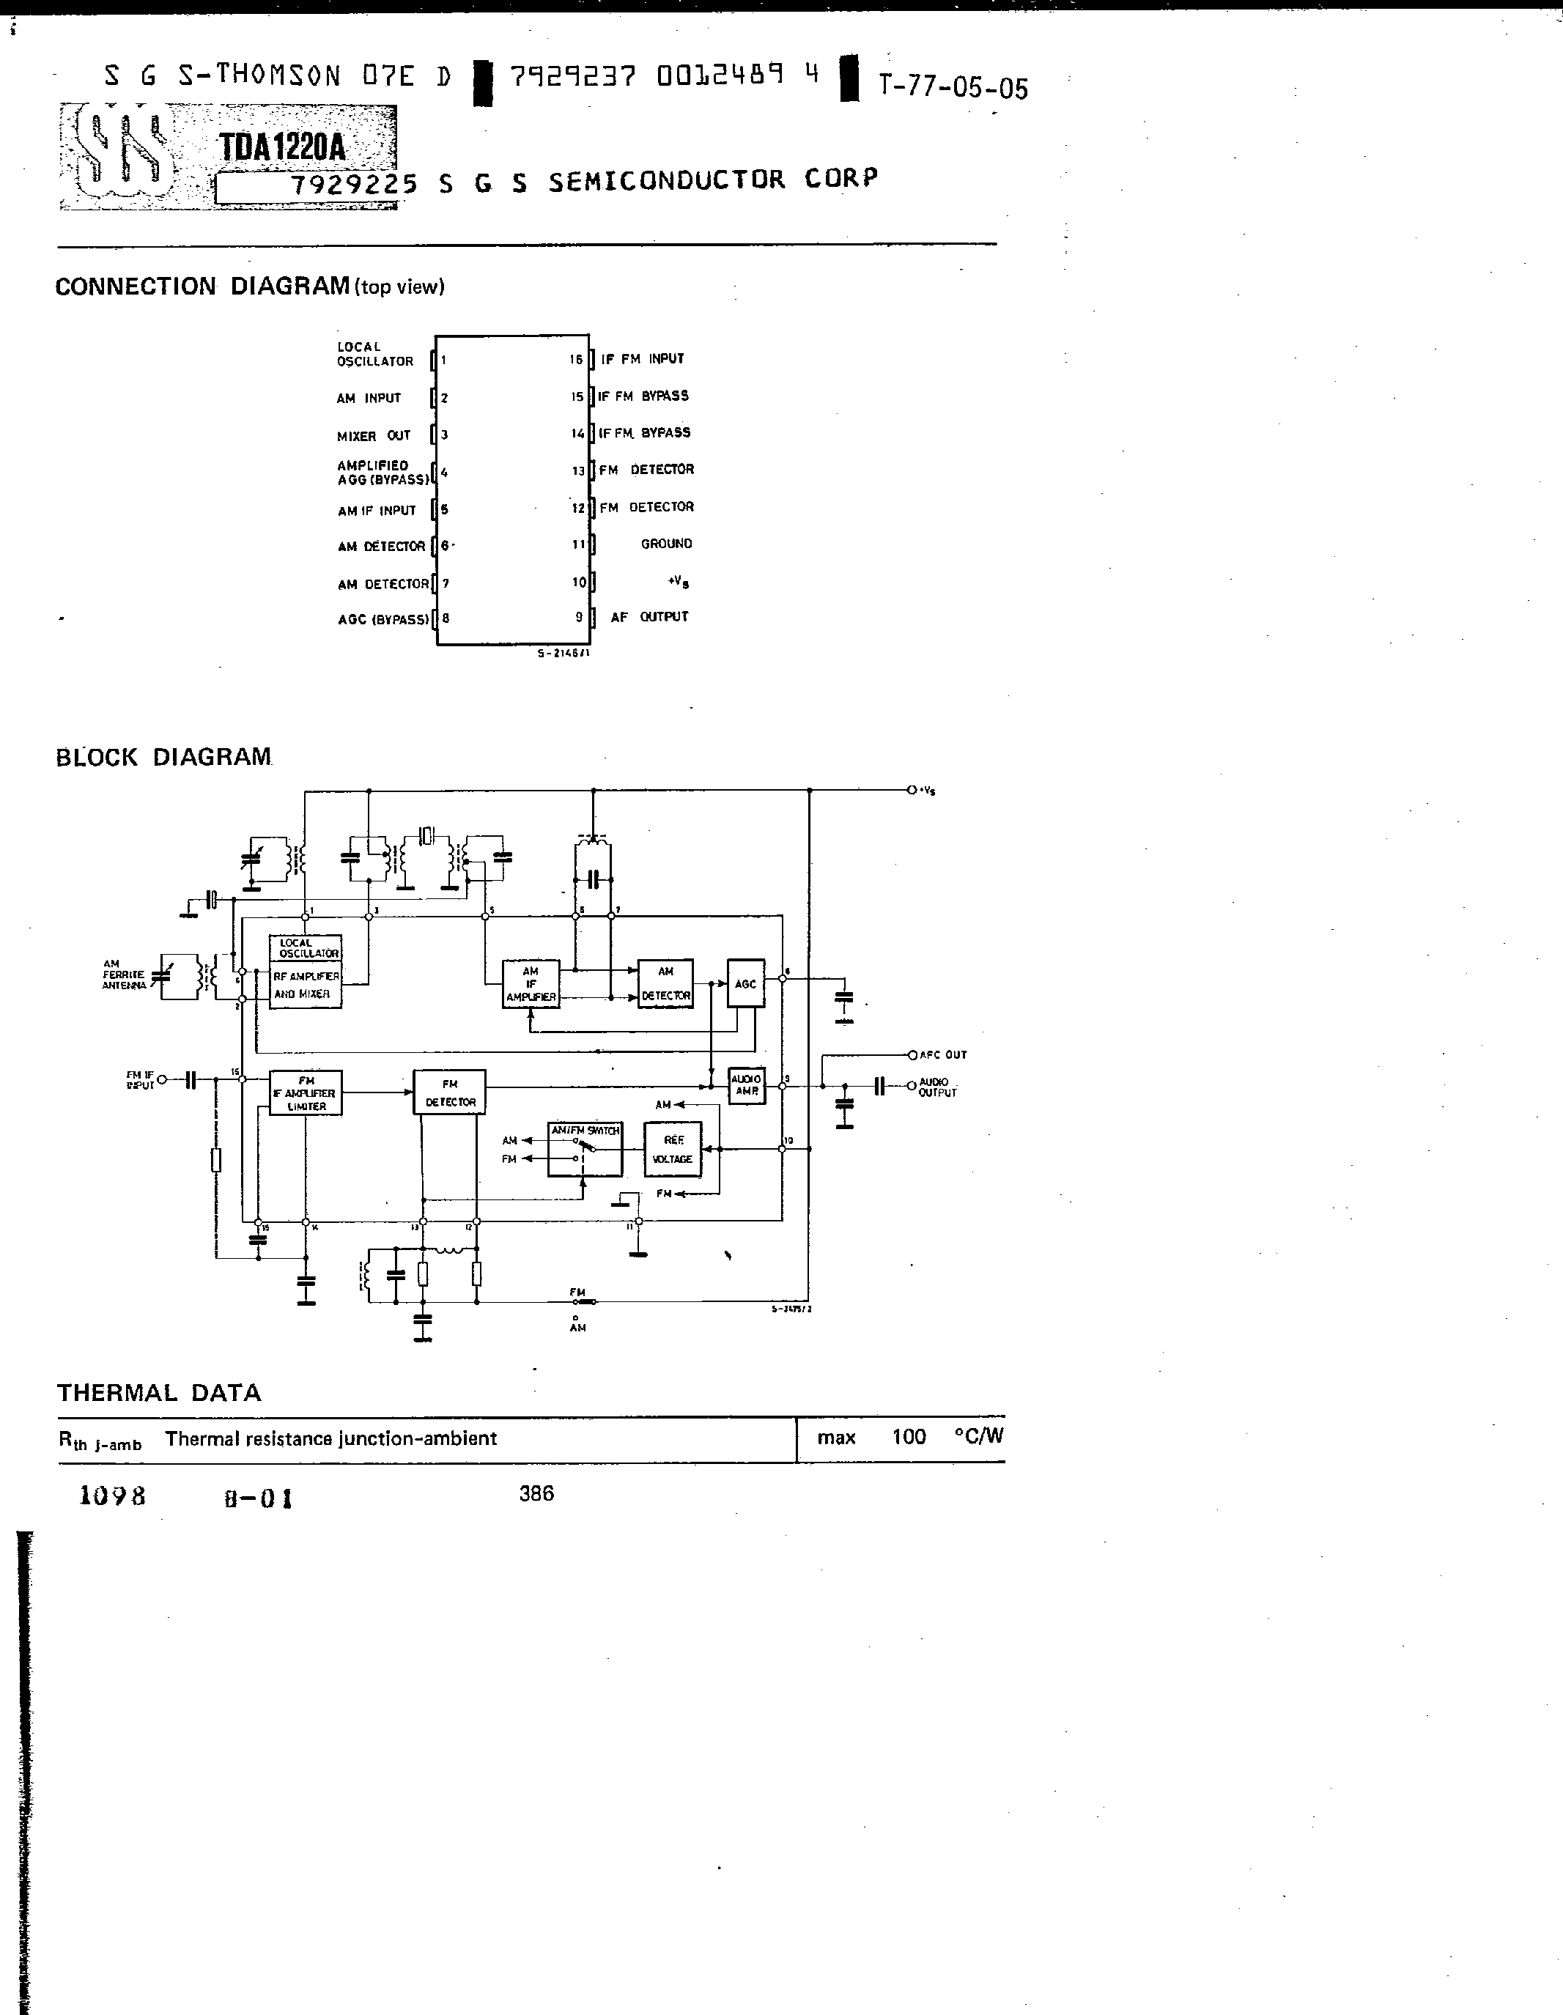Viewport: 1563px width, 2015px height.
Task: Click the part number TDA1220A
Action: [x=282, y=147]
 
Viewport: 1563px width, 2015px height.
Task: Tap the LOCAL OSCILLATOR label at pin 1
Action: [x=374, y=355]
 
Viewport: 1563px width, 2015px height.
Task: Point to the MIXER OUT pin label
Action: [x=374, y=435]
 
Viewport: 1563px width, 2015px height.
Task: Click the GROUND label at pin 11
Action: [x=666, y=544]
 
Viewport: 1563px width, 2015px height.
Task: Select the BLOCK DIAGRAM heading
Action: [x=163, y=757]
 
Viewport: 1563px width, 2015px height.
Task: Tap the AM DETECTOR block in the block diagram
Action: [x=665, y=983]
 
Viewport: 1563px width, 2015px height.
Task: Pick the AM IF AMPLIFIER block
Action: [x=531, y=983]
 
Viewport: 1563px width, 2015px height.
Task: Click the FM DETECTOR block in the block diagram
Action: [x=449, y=1092]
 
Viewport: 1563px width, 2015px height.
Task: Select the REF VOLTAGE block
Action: [x=673, y=1150]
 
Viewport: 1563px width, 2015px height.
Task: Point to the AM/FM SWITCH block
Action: [x=585, y=1150]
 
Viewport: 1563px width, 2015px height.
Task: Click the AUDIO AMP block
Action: [x=747, y=1085]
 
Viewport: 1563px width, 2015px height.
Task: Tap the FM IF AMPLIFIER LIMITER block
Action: [x=306, y=1093]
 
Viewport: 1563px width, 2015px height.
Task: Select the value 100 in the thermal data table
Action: [x=909, y=1437]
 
